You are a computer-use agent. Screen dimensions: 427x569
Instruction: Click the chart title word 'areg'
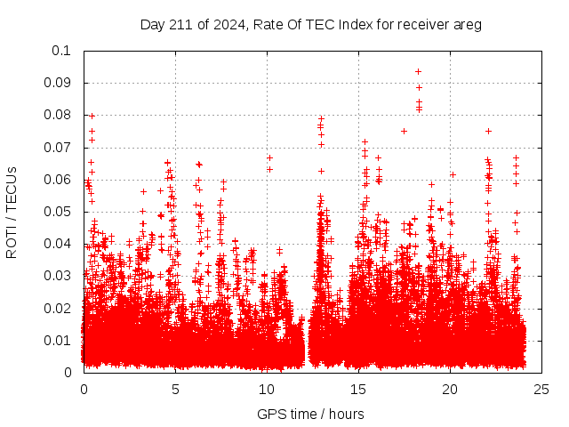click(467, 24)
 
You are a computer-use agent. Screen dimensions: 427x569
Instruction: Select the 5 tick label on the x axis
click(175, 389)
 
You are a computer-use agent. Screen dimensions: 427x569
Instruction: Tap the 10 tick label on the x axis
click(267, 389)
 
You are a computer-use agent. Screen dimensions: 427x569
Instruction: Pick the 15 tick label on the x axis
click(358, 389)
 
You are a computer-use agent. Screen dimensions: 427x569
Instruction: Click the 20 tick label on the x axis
click(450, 389)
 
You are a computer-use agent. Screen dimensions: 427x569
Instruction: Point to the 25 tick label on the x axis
click(541, 389)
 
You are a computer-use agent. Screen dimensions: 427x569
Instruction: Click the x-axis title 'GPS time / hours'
click(310, 414)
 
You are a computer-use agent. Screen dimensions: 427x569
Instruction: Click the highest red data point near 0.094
click(418, 71)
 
